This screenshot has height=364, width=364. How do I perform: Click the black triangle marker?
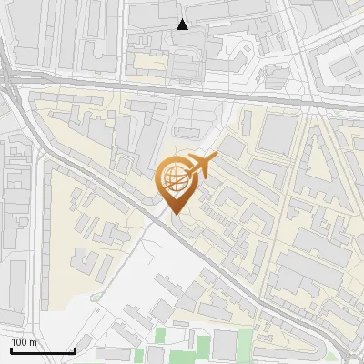click(x=183, y=25)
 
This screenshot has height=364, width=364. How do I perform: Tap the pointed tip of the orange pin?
click(x=173, y=215)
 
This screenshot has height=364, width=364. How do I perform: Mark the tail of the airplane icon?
click(x=187, y=173)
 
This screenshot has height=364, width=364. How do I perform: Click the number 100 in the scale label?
click(x=18, y=342)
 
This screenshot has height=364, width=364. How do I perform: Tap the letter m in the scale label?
click(x=33, y=343)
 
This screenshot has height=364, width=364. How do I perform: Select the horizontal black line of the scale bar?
click(x=42, y=350)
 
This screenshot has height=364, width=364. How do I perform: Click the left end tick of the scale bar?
click(x=10, y=349)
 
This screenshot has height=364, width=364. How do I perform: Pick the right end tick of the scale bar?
click(x=74, y=349)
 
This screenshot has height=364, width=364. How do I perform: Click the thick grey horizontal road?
click(x=182, y=92)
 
